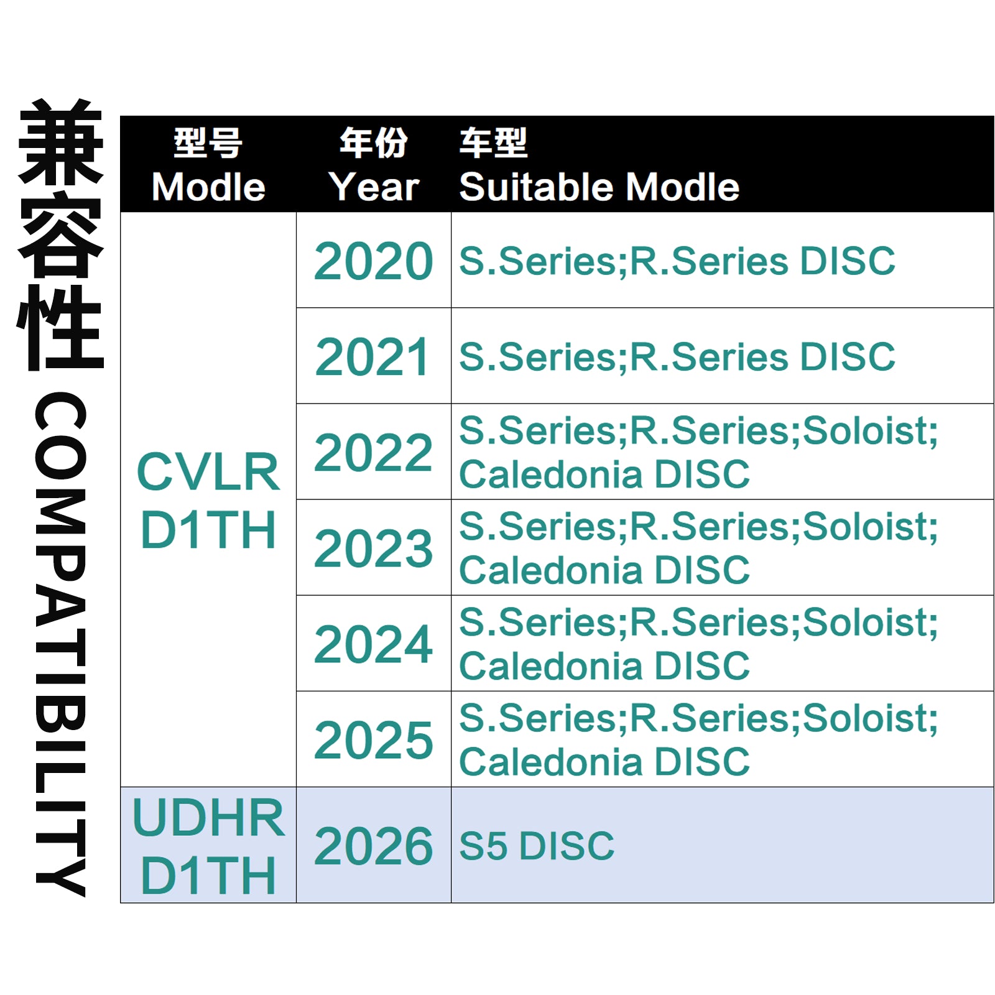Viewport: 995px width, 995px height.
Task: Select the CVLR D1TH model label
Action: [208, 501]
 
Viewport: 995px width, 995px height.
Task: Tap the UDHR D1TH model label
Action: [208, 846]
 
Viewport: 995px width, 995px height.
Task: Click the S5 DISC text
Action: [537, 846]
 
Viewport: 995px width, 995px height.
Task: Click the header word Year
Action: [374, 187]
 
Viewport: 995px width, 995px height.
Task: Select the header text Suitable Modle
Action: [599, 187]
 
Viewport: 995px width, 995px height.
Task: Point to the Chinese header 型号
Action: [208, 143]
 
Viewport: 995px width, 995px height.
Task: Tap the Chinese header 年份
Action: [373, 143]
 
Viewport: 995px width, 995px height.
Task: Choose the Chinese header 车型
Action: [494, 143]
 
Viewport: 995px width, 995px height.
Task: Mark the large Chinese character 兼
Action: [60, 142]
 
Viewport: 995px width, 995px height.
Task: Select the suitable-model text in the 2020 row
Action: [677, 261]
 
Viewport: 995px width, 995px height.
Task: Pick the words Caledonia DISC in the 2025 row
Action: [604, 762]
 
